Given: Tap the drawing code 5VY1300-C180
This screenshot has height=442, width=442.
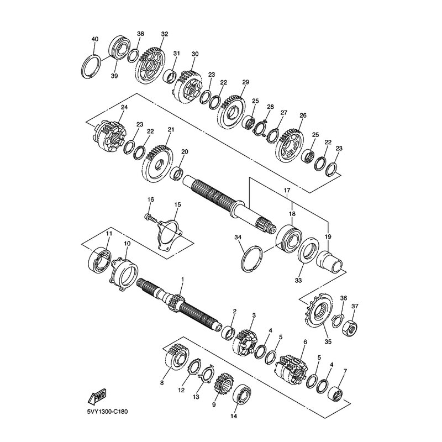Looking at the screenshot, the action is (x=107, y=412).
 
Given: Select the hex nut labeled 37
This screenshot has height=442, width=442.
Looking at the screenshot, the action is (x=350, y=329).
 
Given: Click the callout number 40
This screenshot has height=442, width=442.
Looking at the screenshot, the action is (x=95, y=39).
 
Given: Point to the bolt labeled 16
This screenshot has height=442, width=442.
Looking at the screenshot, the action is (x=150, y=218).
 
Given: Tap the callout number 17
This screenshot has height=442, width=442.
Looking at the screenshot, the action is (x=287, y=191).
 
